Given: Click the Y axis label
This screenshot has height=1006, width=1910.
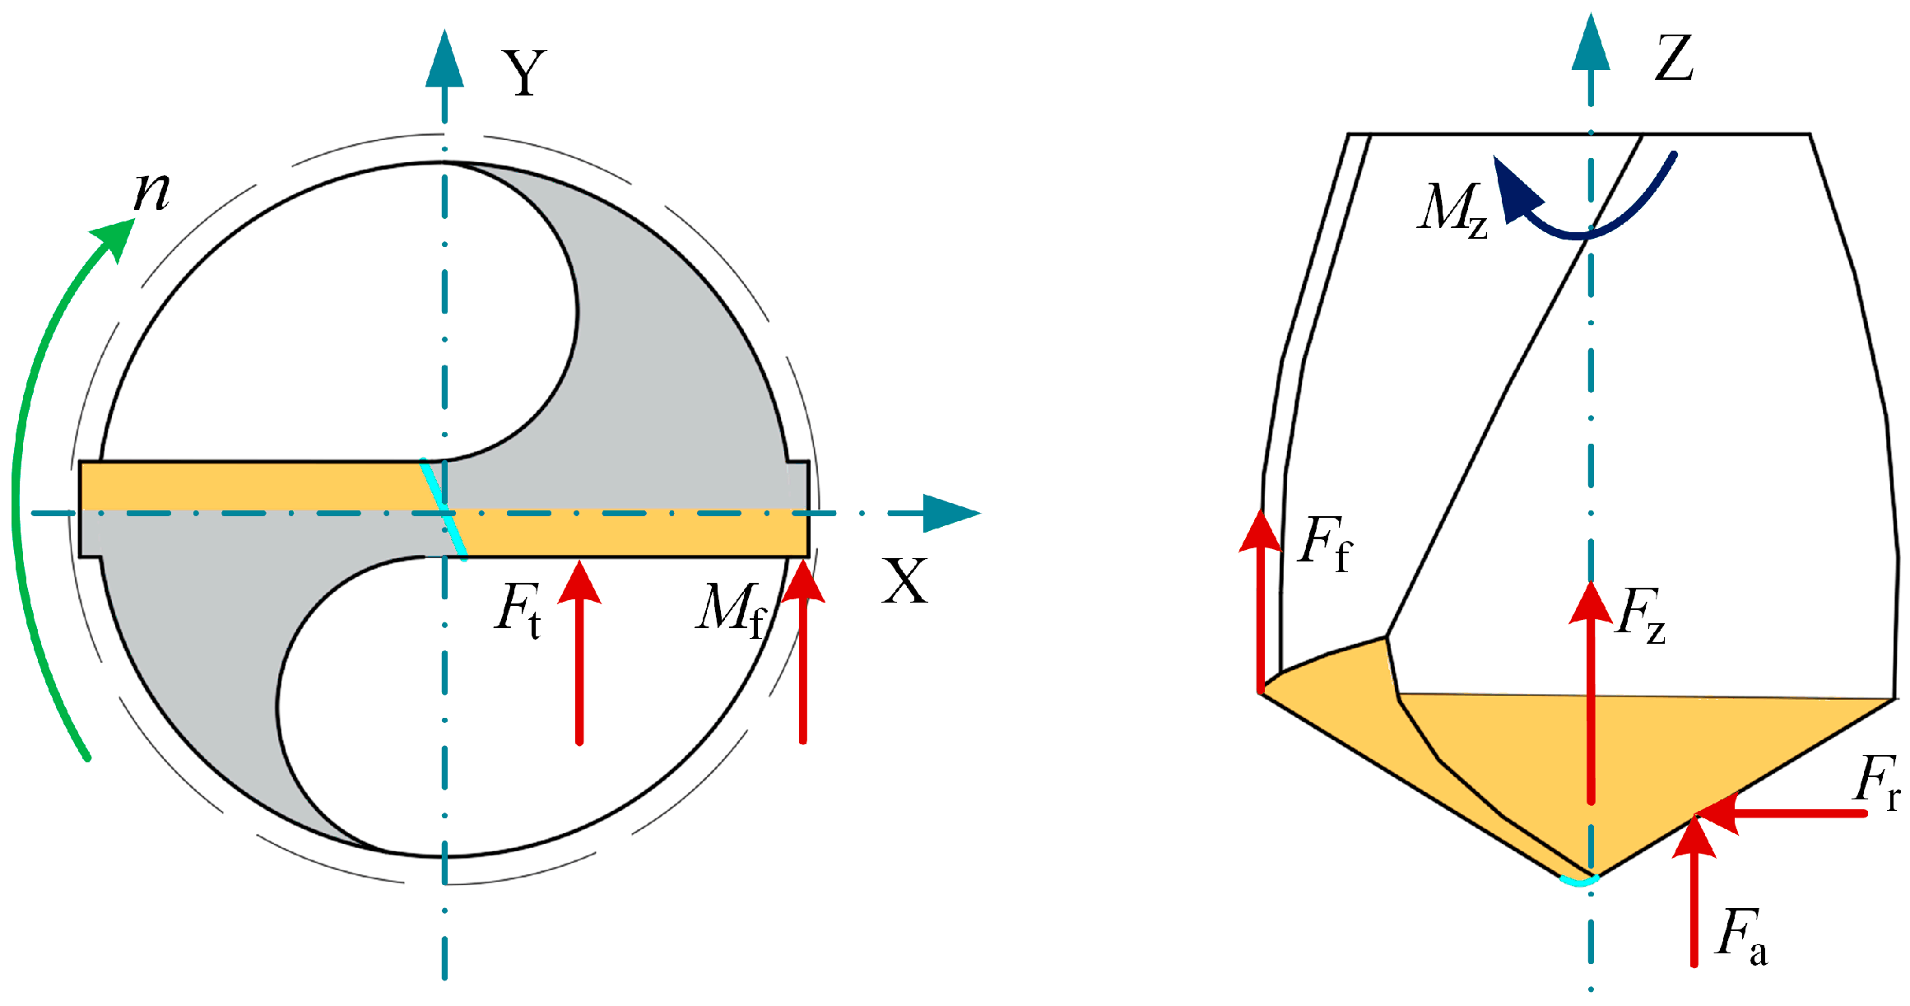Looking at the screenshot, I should pos(524,74).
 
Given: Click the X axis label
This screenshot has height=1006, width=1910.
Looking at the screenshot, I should pos(904,581).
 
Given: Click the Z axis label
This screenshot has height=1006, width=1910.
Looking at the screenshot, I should pos(1674,58).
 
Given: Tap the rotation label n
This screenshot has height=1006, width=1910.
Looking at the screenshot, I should pos(152,191).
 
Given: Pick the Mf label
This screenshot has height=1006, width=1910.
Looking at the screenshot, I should pos(732,610).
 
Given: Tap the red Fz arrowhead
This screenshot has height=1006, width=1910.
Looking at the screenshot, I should pos(1591,603).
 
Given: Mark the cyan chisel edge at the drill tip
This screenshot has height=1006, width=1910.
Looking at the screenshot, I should pos(1578,881).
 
